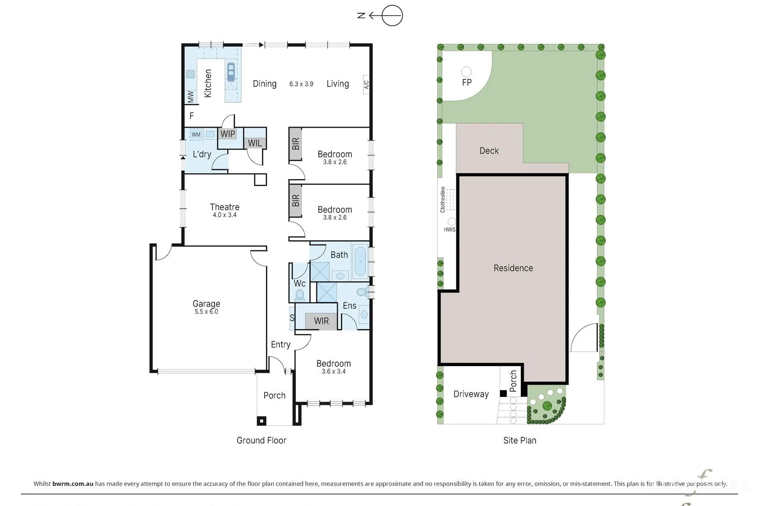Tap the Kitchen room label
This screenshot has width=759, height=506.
pyautogui.click(x=208, y=83)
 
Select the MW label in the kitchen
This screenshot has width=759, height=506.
pyautogui.click(x=191, y=97)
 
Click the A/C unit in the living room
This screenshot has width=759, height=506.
pyautogui.click(x=366, y=85)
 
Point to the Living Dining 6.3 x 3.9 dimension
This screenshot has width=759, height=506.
pyautogui.click(x=301, y=84)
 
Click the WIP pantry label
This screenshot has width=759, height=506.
pyautogui.click(x=227, y=134)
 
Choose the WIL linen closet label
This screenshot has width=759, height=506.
pyautogui.click(x=254, y=143)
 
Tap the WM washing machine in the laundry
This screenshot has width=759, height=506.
pyautogui.click(x=196, y=135)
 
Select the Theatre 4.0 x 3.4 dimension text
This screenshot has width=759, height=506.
pyautogui.click(x=224, y=215)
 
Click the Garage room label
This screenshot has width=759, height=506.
pyautogui.click(x=206, y=304)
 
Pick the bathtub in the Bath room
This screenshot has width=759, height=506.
pyautogui.click(x=360, y=261)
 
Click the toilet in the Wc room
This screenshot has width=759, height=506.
pyautogui.click(x=299, y=294)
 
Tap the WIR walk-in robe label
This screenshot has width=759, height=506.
pyautogui.click(x=321, y=321)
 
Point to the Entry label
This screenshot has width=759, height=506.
pyautogui.click(x=280, y=344)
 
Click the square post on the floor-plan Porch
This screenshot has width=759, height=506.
pyautogui.click(x=261, y=421)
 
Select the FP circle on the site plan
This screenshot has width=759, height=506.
pyautogui.click(x=466, y=72)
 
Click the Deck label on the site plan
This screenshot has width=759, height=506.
pyautogui.click(x=489, y=151)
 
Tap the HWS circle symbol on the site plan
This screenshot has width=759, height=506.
pyautogui.click(x=451, y=221)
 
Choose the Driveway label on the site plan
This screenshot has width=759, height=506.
pyautogui.click(x=471, y=394)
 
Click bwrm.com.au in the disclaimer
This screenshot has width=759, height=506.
pyautogui.click(x=73, y=484)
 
